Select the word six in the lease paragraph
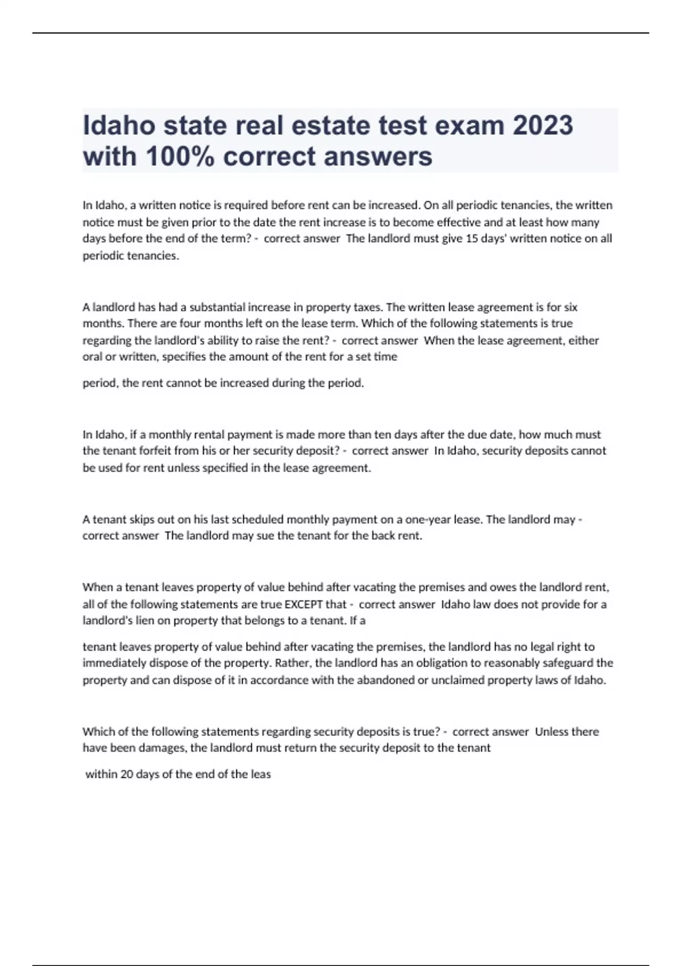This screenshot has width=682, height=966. (x=570, y=307)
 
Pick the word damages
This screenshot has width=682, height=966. (x=162, y=748)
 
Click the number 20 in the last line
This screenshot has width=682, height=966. (x=126, y=775)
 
